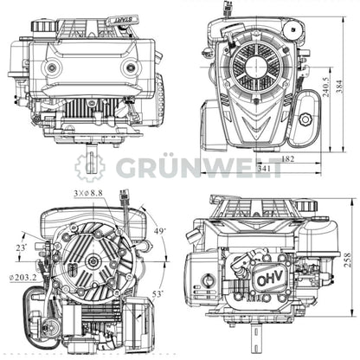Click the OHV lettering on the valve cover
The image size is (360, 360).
270,282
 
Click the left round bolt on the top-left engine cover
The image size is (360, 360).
53,67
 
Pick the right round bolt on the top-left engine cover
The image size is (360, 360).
131,67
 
